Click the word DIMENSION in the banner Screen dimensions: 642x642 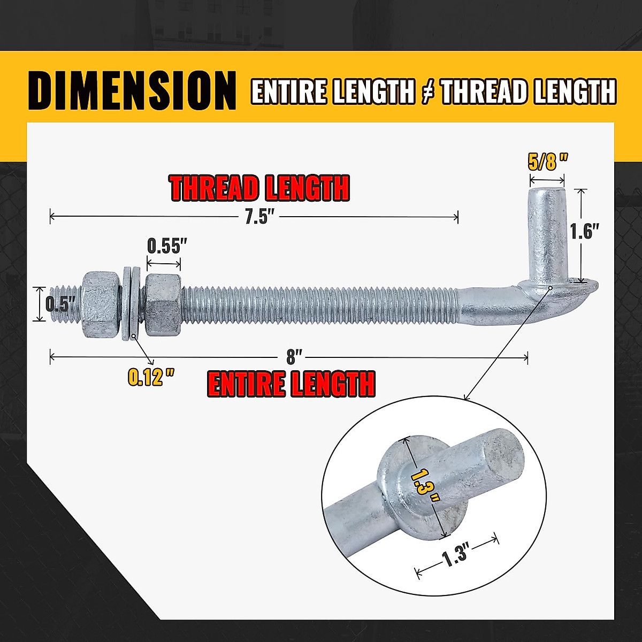(x=132, y=90)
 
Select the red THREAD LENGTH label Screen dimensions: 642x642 (x=259, y=188)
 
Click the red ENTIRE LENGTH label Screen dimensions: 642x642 (x=291, y=384)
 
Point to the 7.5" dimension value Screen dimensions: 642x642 (x=259, y=217)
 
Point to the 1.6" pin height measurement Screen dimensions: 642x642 (x=584, y=232)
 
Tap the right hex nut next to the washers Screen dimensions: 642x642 (x=163, y=303)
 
